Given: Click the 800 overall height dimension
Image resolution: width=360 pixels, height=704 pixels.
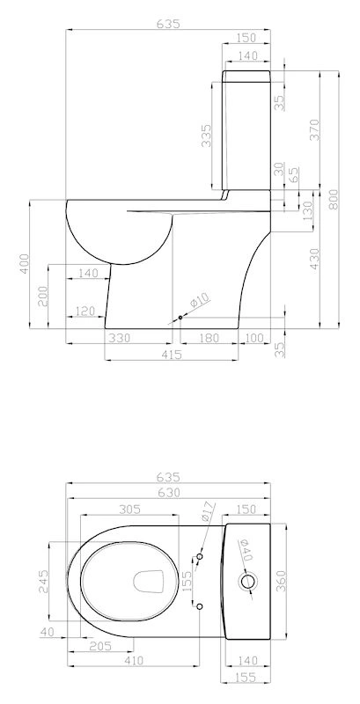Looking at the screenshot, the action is pos(334,199).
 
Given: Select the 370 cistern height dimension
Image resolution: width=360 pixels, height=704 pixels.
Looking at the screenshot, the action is pos(314,129).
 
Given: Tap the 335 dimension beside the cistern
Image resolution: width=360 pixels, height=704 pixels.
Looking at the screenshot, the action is pos(206,136).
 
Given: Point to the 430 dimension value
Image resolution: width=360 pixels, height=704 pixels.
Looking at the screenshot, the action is pos(314,259).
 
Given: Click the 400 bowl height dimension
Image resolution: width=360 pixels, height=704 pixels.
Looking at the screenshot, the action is pos(24,263).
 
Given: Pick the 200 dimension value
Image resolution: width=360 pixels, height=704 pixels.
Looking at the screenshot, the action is pos(43,296).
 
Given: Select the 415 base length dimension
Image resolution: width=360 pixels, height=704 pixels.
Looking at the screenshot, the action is pos(171,355).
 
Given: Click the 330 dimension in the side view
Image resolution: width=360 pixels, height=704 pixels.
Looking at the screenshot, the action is pos(119,338).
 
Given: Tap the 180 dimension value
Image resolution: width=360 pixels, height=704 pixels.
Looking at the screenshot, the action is pos(209,338).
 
